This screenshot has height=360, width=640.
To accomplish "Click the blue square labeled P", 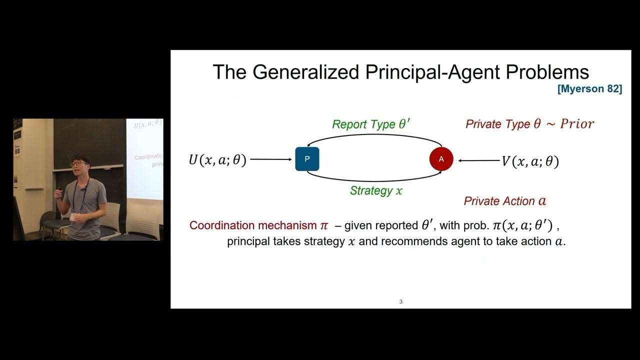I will pyautogui.click(x=307, y=159).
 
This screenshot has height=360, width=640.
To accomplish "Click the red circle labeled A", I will pyautogui.click(x=441, y=159).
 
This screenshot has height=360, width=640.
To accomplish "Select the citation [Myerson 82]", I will pyautogui.click(x=590, y=89).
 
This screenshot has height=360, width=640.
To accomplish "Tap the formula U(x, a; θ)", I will pyautogui.click(x=217, y=160).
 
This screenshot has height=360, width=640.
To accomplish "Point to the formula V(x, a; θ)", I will pyautogui.click(x=530, y=161).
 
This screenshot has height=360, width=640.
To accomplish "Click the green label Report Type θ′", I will pyautogui.click(x=371, y=124).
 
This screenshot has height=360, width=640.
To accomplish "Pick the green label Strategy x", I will pyautogui.click(x=376, y=190).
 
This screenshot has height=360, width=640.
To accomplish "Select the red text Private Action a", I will pyautogui.click(x=505, y=201).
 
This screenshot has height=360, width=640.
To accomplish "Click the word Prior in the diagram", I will pyautogui.click(x=576, y=124).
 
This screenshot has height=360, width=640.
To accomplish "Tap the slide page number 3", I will pyautogui.click(x=401, y=301).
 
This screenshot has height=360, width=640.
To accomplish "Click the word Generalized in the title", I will pyautogui.click(x=305, y=72).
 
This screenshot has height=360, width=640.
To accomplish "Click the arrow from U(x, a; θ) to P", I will pyautogui.click(x=270, y=159).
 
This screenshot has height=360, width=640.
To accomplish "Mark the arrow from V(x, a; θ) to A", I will pyautogui.click(x=479, y=160).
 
